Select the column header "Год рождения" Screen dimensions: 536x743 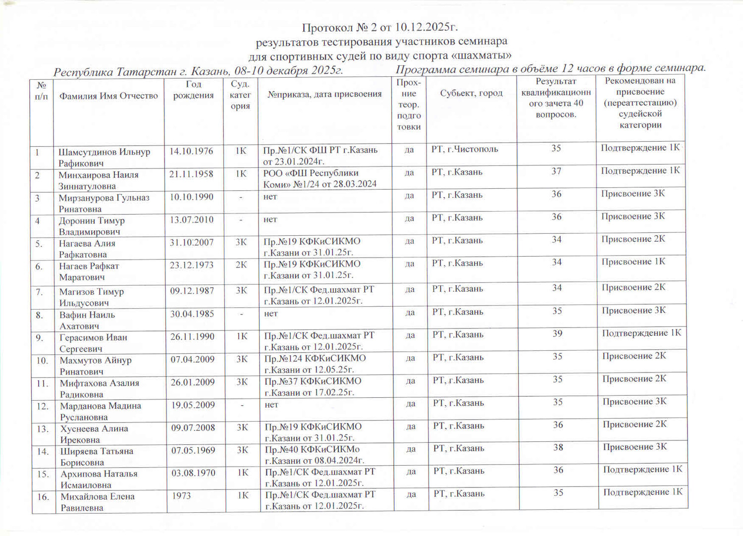click(193, 90)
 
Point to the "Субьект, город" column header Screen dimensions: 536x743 click(471, 93)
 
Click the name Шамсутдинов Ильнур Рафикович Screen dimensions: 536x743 click(104, 158)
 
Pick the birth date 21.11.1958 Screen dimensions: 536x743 click(191, 174)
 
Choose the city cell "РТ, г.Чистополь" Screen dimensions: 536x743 click(465, 149)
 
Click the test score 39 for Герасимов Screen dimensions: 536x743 click(557, 333)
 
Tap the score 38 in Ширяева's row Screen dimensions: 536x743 click(558, 447)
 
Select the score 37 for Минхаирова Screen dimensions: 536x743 click(556, 171)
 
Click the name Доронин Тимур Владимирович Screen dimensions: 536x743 click(92, 226)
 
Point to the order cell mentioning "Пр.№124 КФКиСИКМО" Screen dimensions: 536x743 click(315, 364)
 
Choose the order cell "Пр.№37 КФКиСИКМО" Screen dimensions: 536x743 click(313, 386)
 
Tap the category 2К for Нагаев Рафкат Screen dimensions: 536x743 click(241, 265)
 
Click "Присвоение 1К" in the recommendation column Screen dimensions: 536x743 click(633, 262)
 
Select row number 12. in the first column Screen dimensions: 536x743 click(43, 406)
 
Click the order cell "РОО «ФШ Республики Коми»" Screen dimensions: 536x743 click(319, 178)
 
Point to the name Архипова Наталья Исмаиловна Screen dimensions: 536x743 click(99, 479)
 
